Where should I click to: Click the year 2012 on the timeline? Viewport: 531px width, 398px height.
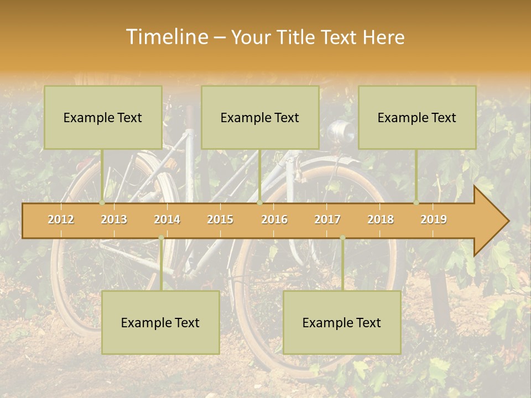tap(61, 219)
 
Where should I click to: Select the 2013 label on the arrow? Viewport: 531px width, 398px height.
tap(114, 219)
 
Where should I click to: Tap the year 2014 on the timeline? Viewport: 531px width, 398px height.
tap(167, 219)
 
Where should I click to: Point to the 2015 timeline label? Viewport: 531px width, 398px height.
tap(220, 219)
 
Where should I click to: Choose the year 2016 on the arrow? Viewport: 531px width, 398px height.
tap(274, 219)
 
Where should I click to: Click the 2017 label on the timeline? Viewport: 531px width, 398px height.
tap(327, 219)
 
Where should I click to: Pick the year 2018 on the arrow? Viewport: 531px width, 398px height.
tap(381, 219)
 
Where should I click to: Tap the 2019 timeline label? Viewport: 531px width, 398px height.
tap(434, 219)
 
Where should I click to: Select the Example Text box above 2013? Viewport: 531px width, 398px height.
tap(103, 117)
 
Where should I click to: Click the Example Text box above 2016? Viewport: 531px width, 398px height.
tap(260, 117)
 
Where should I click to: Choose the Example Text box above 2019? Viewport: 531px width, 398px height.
tap(417, 117)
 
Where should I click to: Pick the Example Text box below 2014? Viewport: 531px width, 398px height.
tap(160, 322)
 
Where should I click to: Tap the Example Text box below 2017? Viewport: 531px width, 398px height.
tap(342, 322)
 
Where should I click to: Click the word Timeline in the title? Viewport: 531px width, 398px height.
tap(166, 37)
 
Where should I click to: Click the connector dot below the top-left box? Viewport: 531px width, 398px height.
tap(102, 202)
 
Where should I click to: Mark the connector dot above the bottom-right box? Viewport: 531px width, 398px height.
tap(342, 238)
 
